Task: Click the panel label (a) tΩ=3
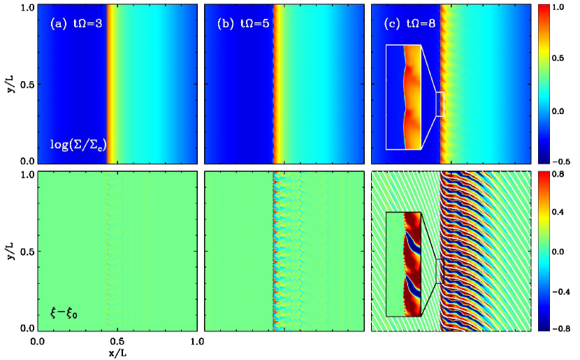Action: click(x=76, y=24)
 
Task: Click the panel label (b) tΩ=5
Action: click(x=243, y=24)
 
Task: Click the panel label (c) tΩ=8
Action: click(x=409, y=24)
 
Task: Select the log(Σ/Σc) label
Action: click(x=78, y=144)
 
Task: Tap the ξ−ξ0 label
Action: click(x=64, y=314)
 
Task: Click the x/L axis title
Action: click(x=117, y=353)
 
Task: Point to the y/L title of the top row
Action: click(x=11, y=84)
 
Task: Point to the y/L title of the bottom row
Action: click(x=11, y=250)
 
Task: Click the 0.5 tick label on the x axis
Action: click(x=117, y=341)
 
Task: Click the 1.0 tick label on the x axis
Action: click(x=198, y=341)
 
